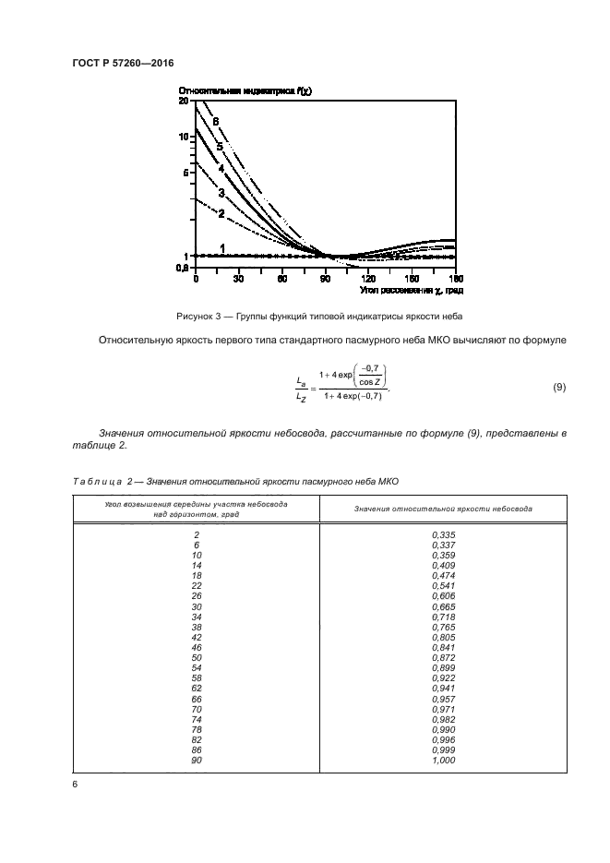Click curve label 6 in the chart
pyautogui.click(x=215, y=122)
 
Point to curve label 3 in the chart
pyautogui.click(x=221, y=193)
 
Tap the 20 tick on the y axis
pyautogui.click(x=184, y=102)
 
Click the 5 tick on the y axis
pyautogui.click(x=186, y=172)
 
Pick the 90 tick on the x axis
pyautogui.click(x=325, y=278)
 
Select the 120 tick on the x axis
pyautogui.click(x=368, y=278)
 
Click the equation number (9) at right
pyautogui.click(x=559, y=387)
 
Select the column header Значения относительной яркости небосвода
pyautogui.click(x=442, y=509)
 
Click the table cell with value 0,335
pyautogui.click(x=443, y=535)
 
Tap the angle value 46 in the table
pyautogui.click(x=197, y=647)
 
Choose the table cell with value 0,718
pyautogui.click(x=443, y=617)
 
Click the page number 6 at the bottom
pyautogui.click(x=75, y=785)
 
